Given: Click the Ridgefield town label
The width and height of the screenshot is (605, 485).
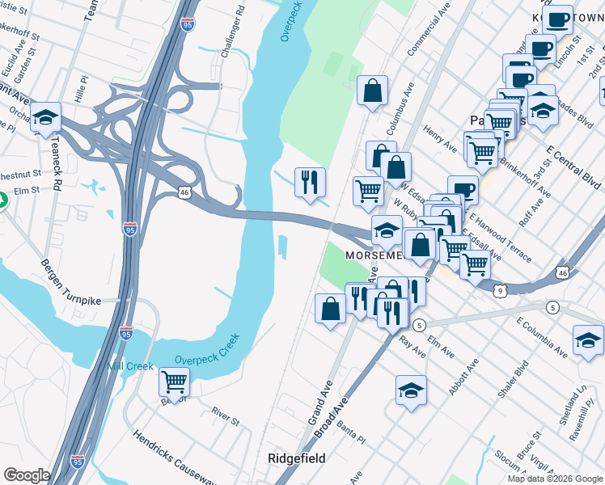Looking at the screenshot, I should click(297, 458).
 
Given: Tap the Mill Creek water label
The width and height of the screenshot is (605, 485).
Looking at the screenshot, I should click(130, 366).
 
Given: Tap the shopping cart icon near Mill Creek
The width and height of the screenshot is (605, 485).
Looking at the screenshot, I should click(174, 381).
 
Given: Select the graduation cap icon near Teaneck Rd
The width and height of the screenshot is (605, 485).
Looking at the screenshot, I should click(47, 118).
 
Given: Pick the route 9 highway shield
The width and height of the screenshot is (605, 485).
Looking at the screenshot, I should click(501, 290).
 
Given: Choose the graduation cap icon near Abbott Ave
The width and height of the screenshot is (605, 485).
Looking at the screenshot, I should click(411, 390).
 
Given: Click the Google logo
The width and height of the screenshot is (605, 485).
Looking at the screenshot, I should click(27, 475).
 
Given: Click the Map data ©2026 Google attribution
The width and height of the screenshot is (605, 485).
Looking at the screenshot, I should click(554, 479).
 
